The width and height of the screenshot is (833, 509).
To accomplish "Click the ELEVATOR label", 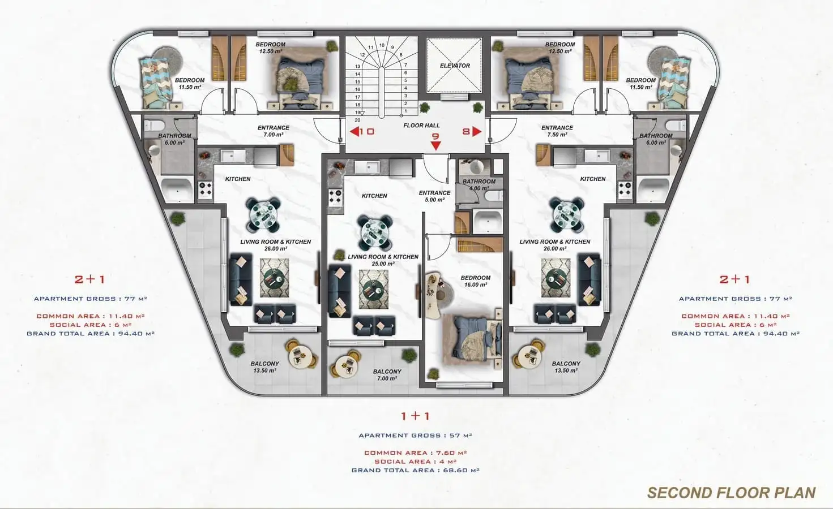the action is [x=455, y=66].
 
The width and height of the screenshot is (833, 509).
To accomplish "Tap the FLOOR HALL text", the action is [x=421, y=126].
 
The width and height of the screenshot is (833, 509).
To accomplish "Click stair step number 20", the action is [x=357, y=120].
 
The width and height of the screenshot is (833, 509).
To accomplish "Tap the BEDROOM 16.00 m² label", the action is [x=475, y=281].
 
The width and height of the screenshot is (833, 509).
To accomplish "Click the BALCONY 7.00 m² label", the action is [x=387, y=375].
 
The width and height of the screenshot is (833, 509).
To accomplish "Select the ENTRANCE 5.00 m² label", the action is [x=434, y=196].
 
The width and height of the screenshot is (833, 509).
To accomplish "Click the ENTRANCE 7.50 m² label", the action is [x=557, y=131].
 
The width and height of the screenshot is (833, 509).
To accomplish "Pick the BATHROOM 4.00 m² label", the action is [x=479, y=184].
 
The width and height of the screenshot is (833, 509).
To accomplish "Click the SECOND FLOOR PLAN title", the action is [x=732, y=493].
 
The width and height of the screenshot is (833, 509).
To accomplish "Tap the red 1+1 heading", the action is [x=416, y=416].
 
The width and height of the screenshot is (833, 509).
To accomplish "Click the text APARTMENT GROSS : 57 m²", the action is [x=416, y=435].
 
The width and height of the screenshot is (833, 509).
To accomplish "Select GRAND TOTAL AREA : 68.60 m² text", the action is [x=416, y=470].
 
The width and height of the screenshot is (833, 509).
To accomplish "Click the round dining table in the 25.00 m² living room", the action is [x=375, y=232].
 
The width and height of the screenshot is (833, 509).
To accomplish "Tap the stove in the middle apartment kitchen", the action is [x=335, y=197].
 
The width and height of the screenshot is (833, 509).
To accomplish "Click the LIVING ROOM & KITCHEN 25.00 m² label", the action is [x=383, y=260].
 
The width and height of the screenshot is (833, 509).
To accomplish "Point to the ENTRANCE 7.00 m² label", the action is [x=274, y=131].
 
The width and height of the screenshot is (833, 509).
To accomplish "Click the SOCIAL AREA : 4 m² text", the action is [x=416, y=461].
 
